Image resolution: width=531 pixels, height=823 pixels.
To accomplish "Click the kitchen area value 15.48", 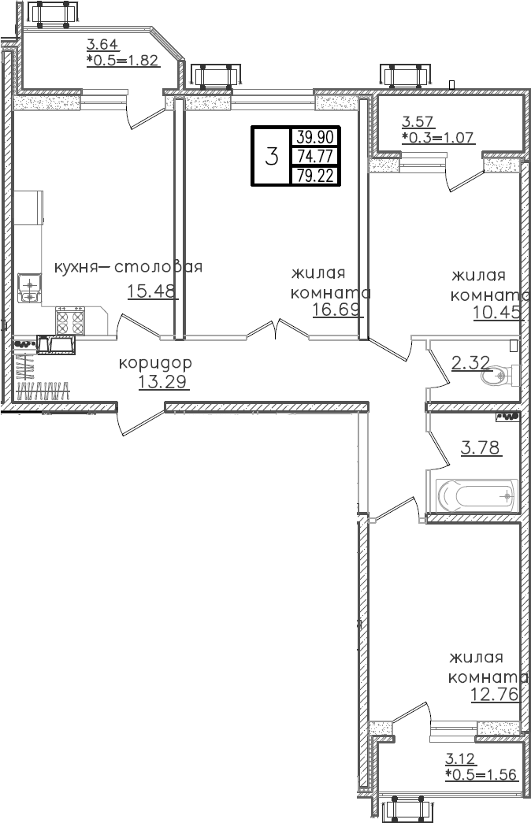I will [x=152, y=291].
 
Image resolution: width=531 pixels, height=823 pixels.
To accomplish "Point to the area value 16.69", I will [x=336, y=309].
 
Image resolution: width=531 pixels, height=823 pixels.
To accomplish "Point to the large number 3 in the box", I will [x=272, y=157].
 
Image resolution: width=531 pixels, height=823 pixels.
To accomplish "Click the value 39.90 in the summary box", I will [x=315, y=136].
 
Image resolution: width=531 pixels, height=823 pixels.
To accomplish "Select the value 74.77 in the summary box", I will [x=315, y=156].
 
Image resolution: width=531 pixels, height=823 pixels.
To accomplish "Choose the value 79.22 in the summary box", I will [x=315, y=176].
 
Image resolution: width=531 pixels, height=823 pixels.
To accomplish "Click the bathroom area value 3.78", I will [x=479, y=448].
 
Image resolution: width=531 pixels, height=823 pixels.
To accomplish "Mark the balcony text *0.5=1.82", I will [x=123, y=60].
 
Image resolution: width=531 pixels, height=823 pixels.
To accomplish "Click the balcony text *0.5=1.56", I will [x=481, y=774].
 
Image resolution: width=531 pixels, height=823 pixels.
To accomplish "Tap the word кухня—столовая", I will [x=128, y=267].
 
